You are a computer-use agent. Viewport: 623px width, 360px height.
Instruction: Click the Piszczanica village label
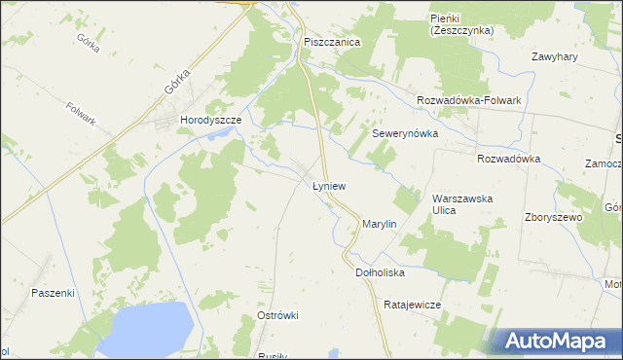(332, 43)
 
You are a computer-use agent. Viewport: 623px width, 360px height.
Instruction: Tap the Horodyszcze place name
(210, 120)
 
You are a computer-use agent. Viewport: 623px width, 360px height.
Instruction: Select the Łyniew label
(329, 185)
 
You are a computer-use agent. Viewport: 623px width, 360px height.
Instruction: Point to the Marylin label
(380, 224)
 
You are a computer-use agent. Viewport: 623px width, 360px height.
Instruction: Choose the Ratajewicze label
(413, 305)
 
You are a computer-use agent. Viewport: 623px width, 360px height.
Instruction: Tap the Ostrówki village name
(277, 315)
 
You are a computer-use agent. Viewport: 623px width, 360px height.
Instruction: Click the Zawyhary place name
(556, 56)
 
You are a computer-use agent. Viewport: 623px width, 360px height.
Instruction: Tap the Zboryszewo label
(553, 217)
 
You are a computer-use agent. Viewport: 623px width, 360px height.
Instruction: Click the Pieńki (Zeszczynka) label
(461, 24)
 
